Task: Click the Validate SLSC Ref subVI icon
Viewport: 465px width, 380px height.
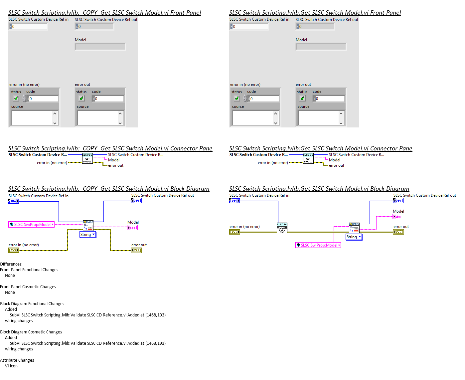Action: pos(282,228)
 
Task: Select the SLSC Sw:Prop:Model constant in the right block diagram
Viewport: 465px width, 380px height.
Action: pos(318,245)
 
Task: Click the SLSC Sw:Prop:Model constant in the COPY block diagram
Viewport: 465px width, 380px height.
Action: pos(31,225)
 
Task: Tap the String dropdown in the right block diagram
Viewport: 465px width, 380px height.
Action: pos(354,237)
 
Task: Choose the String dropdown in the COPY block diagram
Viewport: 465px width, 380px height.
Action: pos(88,235)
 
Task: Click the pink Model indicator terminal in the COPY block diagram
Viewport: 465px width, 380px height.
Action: pos(132,228)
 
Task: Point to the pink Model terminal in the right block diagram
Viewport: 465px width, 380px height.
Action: pos(398,217)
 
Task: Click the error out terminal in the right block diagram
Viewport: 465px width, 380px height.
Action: pos(398,232)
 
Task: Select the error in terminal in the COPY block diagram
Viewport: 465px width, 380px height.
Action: pos(14,250)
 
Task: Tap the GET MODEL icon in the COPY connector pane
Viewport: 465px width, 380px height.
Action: pos(87,158)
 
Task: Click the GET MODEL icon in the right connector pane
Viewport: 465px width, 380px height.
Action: pos(308,158)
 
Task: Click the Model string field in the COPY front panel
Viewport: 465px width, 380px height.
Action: pos(100,47)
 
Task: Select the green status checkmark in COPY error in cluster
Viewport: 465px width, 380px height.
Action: pos(16,98)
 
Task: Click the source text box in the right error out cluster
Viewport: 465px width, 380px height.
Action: pos(319,118)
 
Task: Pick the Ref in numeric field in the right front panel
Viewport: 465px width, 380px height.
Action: pos(250,27)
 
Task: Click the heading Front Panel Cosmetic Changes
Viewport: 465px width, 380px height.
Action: pos(28,287)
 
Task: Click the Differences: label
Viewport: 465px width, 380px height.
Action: pos(11,264)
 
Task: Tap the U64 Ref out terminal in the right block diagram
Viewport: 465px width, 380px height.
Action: pos(398,201)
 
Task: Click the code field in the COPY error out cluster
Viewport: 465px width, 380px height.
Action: pos(109,99)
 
